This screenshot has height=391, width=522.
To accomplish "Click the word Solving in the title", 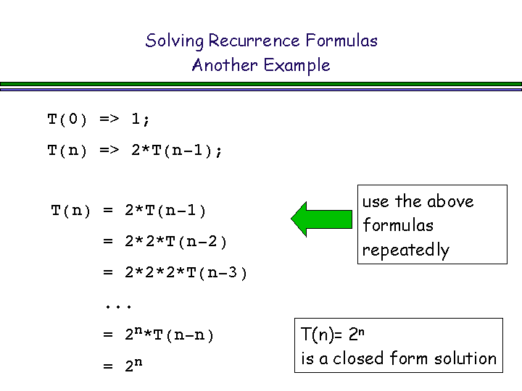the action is (x=174, y=41).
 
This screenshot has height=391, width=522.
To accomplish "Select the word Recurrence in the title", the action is (x=254, y=41).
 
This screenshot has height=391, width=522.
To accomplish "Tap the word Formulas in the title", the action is (x=341, y=41).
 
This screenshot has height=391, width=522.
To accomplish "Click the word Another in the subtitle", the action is (x=225, y=65).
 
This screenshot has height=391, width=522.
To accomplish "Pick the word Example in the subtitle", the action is (x=297, y=66).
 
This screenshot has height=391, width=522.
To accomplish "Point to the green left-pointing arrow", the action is (x=321, y=219).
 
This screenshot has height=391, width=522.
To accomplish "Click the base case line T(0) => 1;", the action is (x=99, y=119).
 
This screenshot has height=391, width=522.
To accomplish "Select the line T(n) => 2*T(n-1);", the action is (x=135, y=151).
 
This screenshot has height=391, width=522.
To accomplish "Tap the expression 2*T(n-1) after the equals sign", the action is (x=165, y=211).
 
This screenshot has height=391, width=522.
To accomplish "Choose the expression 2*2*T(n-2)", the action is (x=175, y=242).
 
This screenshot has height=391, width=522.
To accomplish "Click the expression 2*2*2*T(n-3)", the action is (x=186, y=273).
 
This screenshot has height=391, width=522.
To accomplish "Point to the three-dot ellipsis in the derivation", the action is (x=118, y=306).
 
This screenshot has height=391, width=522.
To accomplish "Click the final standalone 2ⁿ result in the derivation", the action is (x=134, y=365).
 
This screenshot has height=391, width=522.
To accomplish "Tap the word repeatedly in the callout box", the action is (x=406, y=251).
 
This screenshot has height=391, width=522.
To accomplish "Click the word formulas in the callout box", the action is (x=398, y=224).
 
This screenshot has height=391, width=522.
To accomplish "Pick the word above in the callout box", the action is (x=450, y=201).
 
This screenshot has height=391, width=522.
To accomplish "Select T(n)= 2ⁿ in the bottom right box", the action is (x=333, y=334).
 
